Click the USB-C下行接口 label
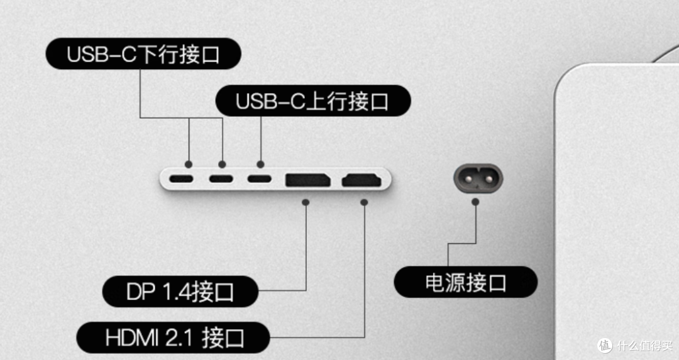[x=143, y=54]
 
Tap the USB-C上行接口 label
[x=312, y=101]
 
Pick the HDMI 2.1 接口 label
[x=174, y=339]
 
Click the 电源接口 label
[x=466, y=282]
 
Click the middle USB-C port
[x=221, y=179]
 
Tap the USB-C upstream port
[x=260, y=179]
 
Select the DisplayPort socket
[x=308, y=180]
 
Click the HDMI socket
[x=362, y=180]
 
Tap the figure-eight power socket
[x=478, y=178]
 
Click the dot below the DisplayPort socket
[x=306, y=203]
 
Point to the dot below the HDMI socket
[x=364, y=203]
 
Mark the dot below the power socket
[x=476, y=203]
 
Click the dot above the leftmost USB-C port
[x=189, y=163]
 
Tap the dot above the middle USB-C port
[x=222, y=163]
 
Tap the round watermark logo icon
[x=605, y=345]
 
